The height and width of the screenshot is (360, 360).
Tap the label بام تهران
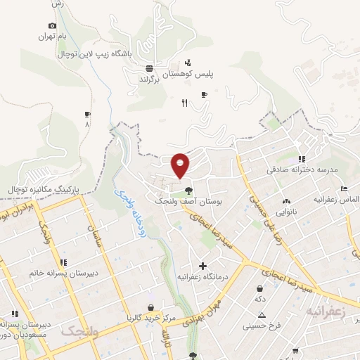tap(57, 36)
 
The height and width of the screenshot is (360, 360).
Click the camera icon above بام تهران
tap(52, 25)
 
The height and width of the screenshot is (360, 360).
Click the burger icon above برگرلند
tap(149, 69)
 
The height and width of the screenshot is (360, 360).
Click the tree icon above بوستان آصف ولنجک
tap(188, 190)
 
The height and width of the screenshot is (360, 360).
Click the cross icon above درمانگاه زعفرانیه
tap(203, 266)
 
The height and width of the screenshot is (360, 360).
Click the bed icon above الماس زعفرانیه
tap(343, 188)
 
